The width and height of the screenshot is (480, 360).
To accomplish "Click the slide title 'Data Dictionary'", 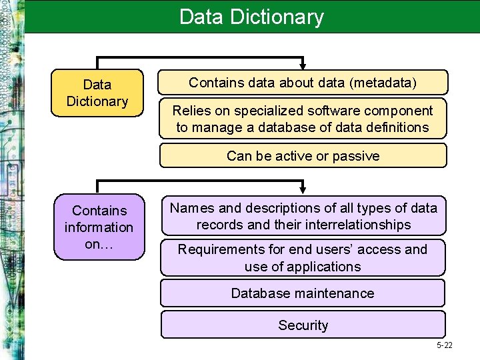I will pos(251,17).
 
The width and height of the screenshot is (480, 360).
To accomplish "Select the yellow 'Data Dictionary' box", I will pos(97,93).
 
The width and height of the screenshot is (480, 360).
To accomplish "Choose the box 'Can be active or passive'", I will pos(303,156).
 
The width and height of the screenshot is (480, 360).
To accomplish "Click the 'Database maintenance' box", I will pos(303,293).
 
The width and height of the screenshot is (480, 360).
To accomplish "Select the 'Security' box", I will pos(303,325).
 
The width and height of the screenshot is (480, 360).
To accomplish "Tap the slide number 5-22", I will pos(444,345).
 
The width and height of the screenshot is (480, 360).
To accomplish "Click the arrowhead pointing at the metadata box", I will pos(303,65).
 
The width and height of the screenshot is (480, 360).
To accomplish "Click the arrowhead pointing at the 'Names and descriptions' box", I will pos(303,189).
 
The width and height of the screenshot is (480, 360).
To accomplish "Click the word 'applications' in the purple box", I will pos(324,267).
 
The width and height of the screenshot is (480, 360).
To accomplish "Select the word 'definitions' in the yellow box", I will pos(394,127).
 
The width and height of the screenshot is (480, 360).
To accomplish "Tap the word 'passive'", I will pos(356,156).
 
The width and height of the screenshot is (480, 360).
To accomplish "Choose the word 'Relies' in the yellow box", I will pos(192,111).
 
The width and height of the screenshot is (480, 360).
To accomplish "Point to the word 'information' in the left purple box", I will pos(99,227).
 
